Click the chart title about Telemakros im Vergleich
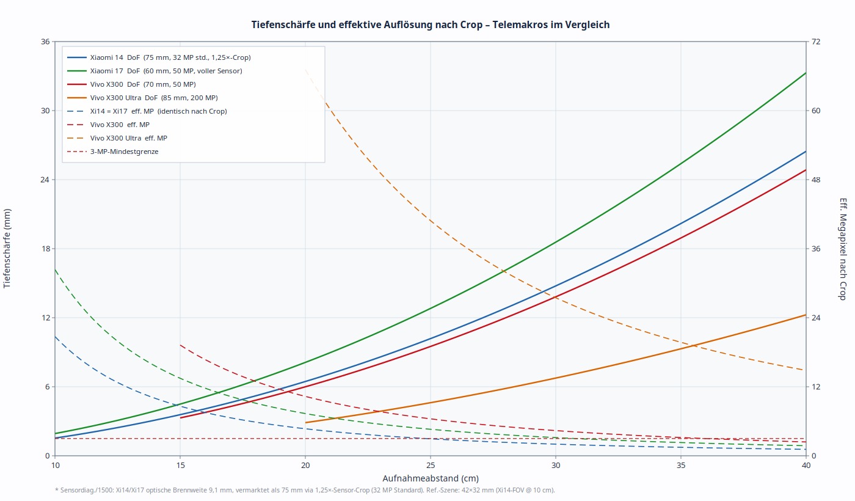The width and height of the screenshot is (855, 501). coord(430,24)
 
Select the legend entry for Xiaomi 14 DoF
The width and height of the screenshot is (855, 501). coord(170,57)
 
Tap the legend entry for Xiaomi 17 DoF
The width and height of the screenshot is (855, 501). coord(166,71)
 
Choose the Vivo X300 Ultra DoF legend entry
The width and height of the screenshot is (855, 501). coord(153,98)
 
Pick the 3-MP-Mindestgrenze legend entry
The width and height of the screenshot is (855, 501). coord(124,152)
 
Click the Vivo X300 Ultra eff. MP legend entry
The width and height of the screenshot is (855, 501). coord(128,138)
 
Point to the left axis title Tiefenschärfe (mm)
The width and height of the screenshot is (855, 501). coord(7,248)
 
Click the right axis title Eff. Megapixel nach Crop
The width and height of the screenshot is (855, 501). coord(843,248)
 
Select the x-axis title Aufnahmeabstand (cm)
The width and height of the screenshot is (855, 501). coord(431,478)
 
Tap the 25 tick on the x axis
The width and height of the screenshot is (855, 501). coord(431,466)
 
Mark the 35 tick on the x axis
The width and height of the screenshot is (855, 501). coord(681,466)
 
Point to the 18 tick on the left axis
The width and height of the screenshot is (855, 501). coord(44,249)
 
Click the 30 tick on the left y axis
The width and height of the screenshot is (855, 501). coord(44,111)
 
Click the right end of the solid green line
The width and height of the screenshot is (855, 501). coord(806,73)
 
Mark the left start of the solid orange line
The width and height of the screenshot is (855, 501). coord(305,422)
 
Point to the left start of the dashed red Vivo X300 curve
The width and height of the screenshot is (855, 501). coord(180,345)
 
